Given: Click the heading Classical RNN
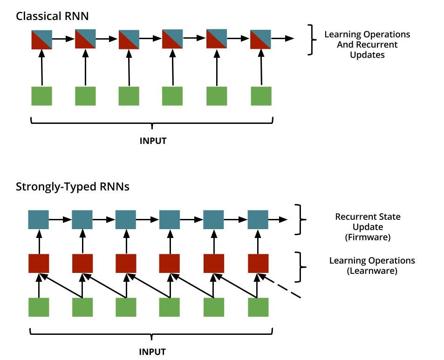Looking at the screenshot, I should pyautogui.click(x=52, y=16).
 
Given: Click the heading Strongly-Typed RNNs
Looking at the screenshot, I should pyautogui.click(x=73, y=187).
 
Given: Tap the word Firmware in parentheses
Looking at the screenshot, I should pyautogui.click(x=368, y=237).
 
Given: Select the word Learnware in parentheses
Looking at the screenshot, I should pyautogui.click(x=372, y=271).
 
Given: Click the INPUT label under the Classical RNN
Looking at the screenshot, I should pyautogui.click(x=153, y=141).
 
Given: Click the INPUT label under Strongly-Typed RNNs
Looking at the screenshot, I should pyautogui.click(x=152, y=351).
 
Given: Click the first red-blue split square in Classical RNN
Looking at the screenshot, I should pyautogui.click(x=41, y=39).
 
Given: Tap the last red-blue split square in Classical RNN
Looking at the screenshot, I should pyautogui.click(x=260, y=39).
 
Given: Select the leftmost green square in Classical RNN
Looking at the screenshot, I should pyautogui.click(x=41, y=96).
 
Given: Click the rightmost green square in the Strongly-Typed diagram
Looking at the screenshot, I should pyautogui.click(x=258, y=307).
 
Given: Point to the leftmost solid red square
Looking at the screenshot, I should pyautogui.click(x=39, y=263).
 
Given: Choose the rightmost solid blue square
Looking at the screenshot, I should pyautogui.click(x=258, y=219).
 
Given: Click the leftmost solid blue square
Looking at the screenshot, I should pyautogui.click(x=39, y=219).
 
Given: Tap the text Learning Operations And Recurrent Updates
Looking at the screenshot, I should pyautogui.click(x=367, y=45).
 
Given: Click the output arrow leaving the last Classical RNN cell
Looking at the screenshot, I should pyautogui.click(x=282, y=39).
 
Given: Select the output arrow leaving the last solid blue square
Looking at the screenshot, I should pyautogui.click(x=279, y=219).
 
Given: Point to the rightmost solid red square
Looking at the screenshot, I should pyautogui.click(x=258, y=263).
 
